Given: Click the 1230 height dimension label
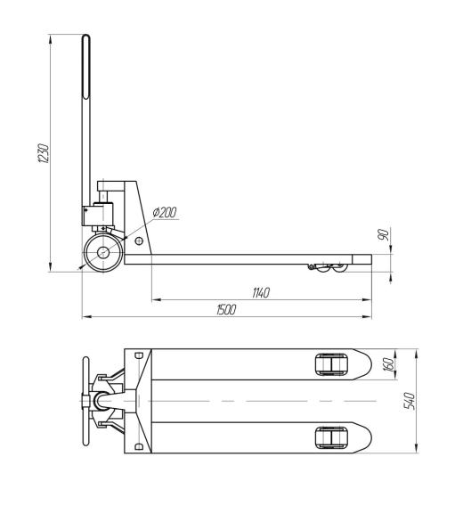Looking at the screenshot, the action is point(44,153).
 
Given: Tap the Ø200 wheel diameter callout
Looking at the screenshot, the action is point(165,212).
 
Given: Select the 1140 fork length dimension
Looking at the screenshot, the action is point(261,292).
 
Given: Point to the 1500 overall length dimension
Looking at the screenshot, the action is point(226,309).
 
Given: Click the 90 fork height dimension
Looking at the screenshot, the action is point(383,235).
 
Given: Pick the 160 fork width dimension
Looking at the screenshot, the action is point(387,364).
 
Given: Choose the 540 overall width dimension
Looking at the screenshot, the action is point(410,401).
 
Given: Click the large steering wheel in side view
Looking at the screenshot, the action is point(103,252).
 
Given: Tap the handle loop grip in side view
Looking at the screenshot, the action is point(85,67).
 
